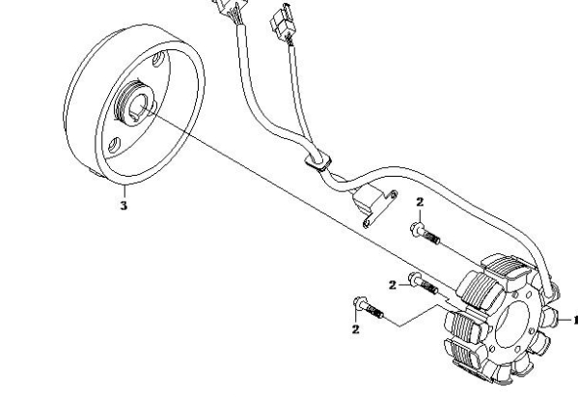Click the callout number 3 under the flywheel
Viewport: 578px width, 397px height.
124,206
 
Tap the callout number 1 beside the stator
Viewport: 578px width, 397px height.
575,321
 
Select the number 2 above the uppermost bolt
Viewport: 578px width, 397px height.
420,202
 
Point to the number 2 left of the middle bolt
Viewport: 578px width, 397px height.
393,285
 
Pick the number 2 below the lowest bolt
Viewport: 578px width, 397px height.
355,329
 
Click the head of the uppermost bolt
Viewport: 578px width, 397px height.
417,230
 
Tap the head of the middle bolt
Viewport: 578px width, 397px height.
416,279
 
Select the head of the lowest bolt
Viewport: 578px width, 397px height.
360,303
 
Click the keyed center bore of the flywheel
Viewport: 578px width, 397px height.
139,106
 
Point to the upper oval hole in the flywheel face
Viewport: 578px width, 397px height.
158,59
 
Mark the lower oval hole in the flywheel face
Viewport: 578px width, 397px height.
114,145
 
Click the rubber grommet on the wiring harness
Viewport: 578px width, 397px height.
317,161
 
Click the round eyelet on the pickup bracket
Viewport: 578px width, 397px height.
394,194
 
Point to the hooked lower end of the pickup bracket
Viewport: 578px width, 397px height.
367,223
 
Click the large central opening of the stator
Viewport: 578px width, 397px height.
512,325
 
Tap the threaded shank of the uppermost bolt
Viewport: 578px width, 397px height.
431,237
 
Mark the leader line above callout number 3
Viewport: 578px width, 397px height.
125,192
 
